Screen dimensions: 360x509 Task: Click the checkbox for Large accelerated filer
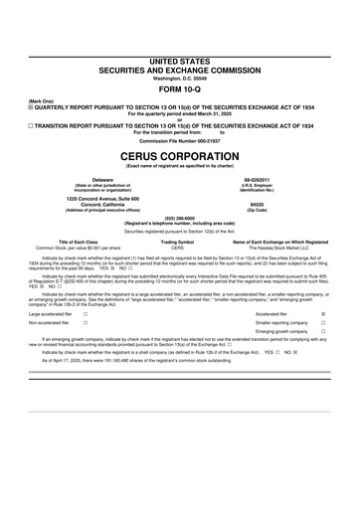point(87,341)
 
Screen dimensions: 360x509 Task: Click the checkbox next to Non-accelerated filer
point(87,351)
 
